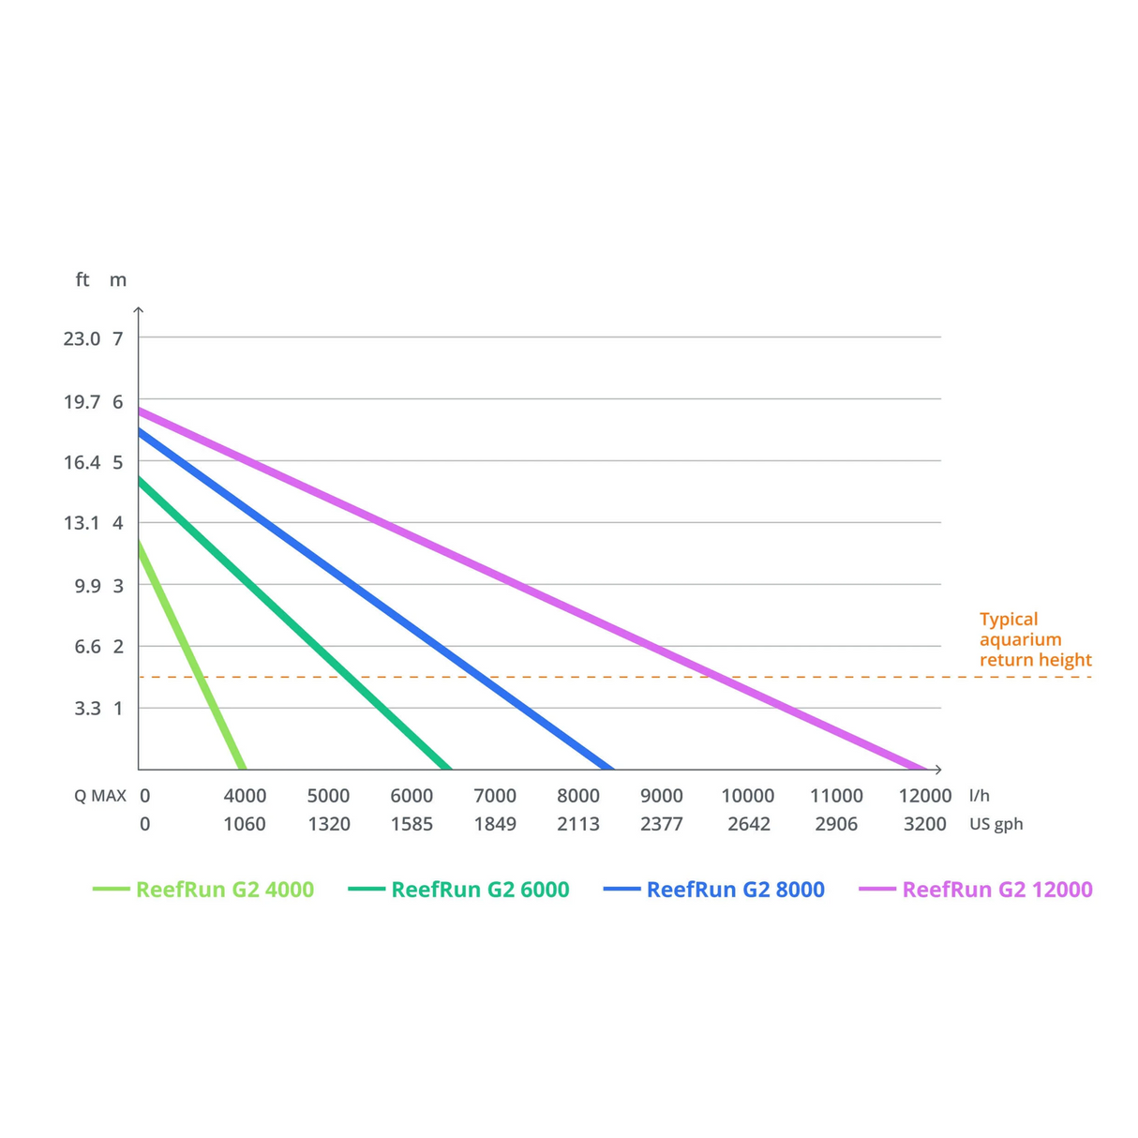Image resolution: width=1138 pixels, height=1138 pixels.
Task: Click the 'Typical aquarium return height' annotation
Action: (1035, 639)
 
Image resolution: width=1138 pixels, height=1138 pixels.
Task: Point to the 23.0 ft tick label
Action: (82, 338)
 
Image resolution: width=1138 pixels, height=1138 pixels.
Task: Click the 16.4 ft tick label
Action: (82, 462)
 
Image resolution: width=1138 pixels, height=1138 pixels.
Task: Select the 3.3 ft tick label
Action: (87, 709)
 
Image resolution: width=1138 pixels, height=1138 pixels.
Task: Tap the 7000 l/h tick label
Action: (495, 796)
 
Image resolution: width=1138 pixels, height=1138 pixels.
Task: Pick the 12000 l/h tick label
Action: (925, 796)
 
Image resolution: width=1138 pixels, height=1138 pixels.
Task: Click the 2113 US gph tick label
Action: (578, 824)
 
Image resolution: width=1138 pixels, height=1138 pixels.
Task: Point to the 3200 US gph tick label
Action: (925, 824)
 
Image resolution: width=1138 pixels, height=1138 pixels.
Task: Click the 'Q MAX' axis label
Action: (100, 796)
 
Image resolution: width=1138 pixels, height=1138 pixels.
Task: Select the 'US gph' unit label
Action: (996, 824)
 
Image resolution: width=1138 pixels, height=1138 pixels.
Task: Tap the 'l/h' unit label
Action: (980, 796)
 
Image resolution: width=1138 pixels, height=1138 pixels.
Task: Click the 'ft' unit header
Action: (82, 279)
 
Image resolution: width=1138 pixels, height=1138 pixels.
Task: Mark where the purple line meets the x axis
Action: (924, 769)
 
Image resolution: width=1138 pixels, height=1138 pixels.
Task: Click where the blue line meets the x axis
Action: (612, 769)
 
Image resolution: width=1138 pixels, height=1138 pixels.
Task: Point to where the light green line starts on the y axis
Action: (140, 542)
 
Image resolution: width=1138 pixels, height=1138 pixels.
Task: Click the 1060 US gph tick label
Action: (245, 824)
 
